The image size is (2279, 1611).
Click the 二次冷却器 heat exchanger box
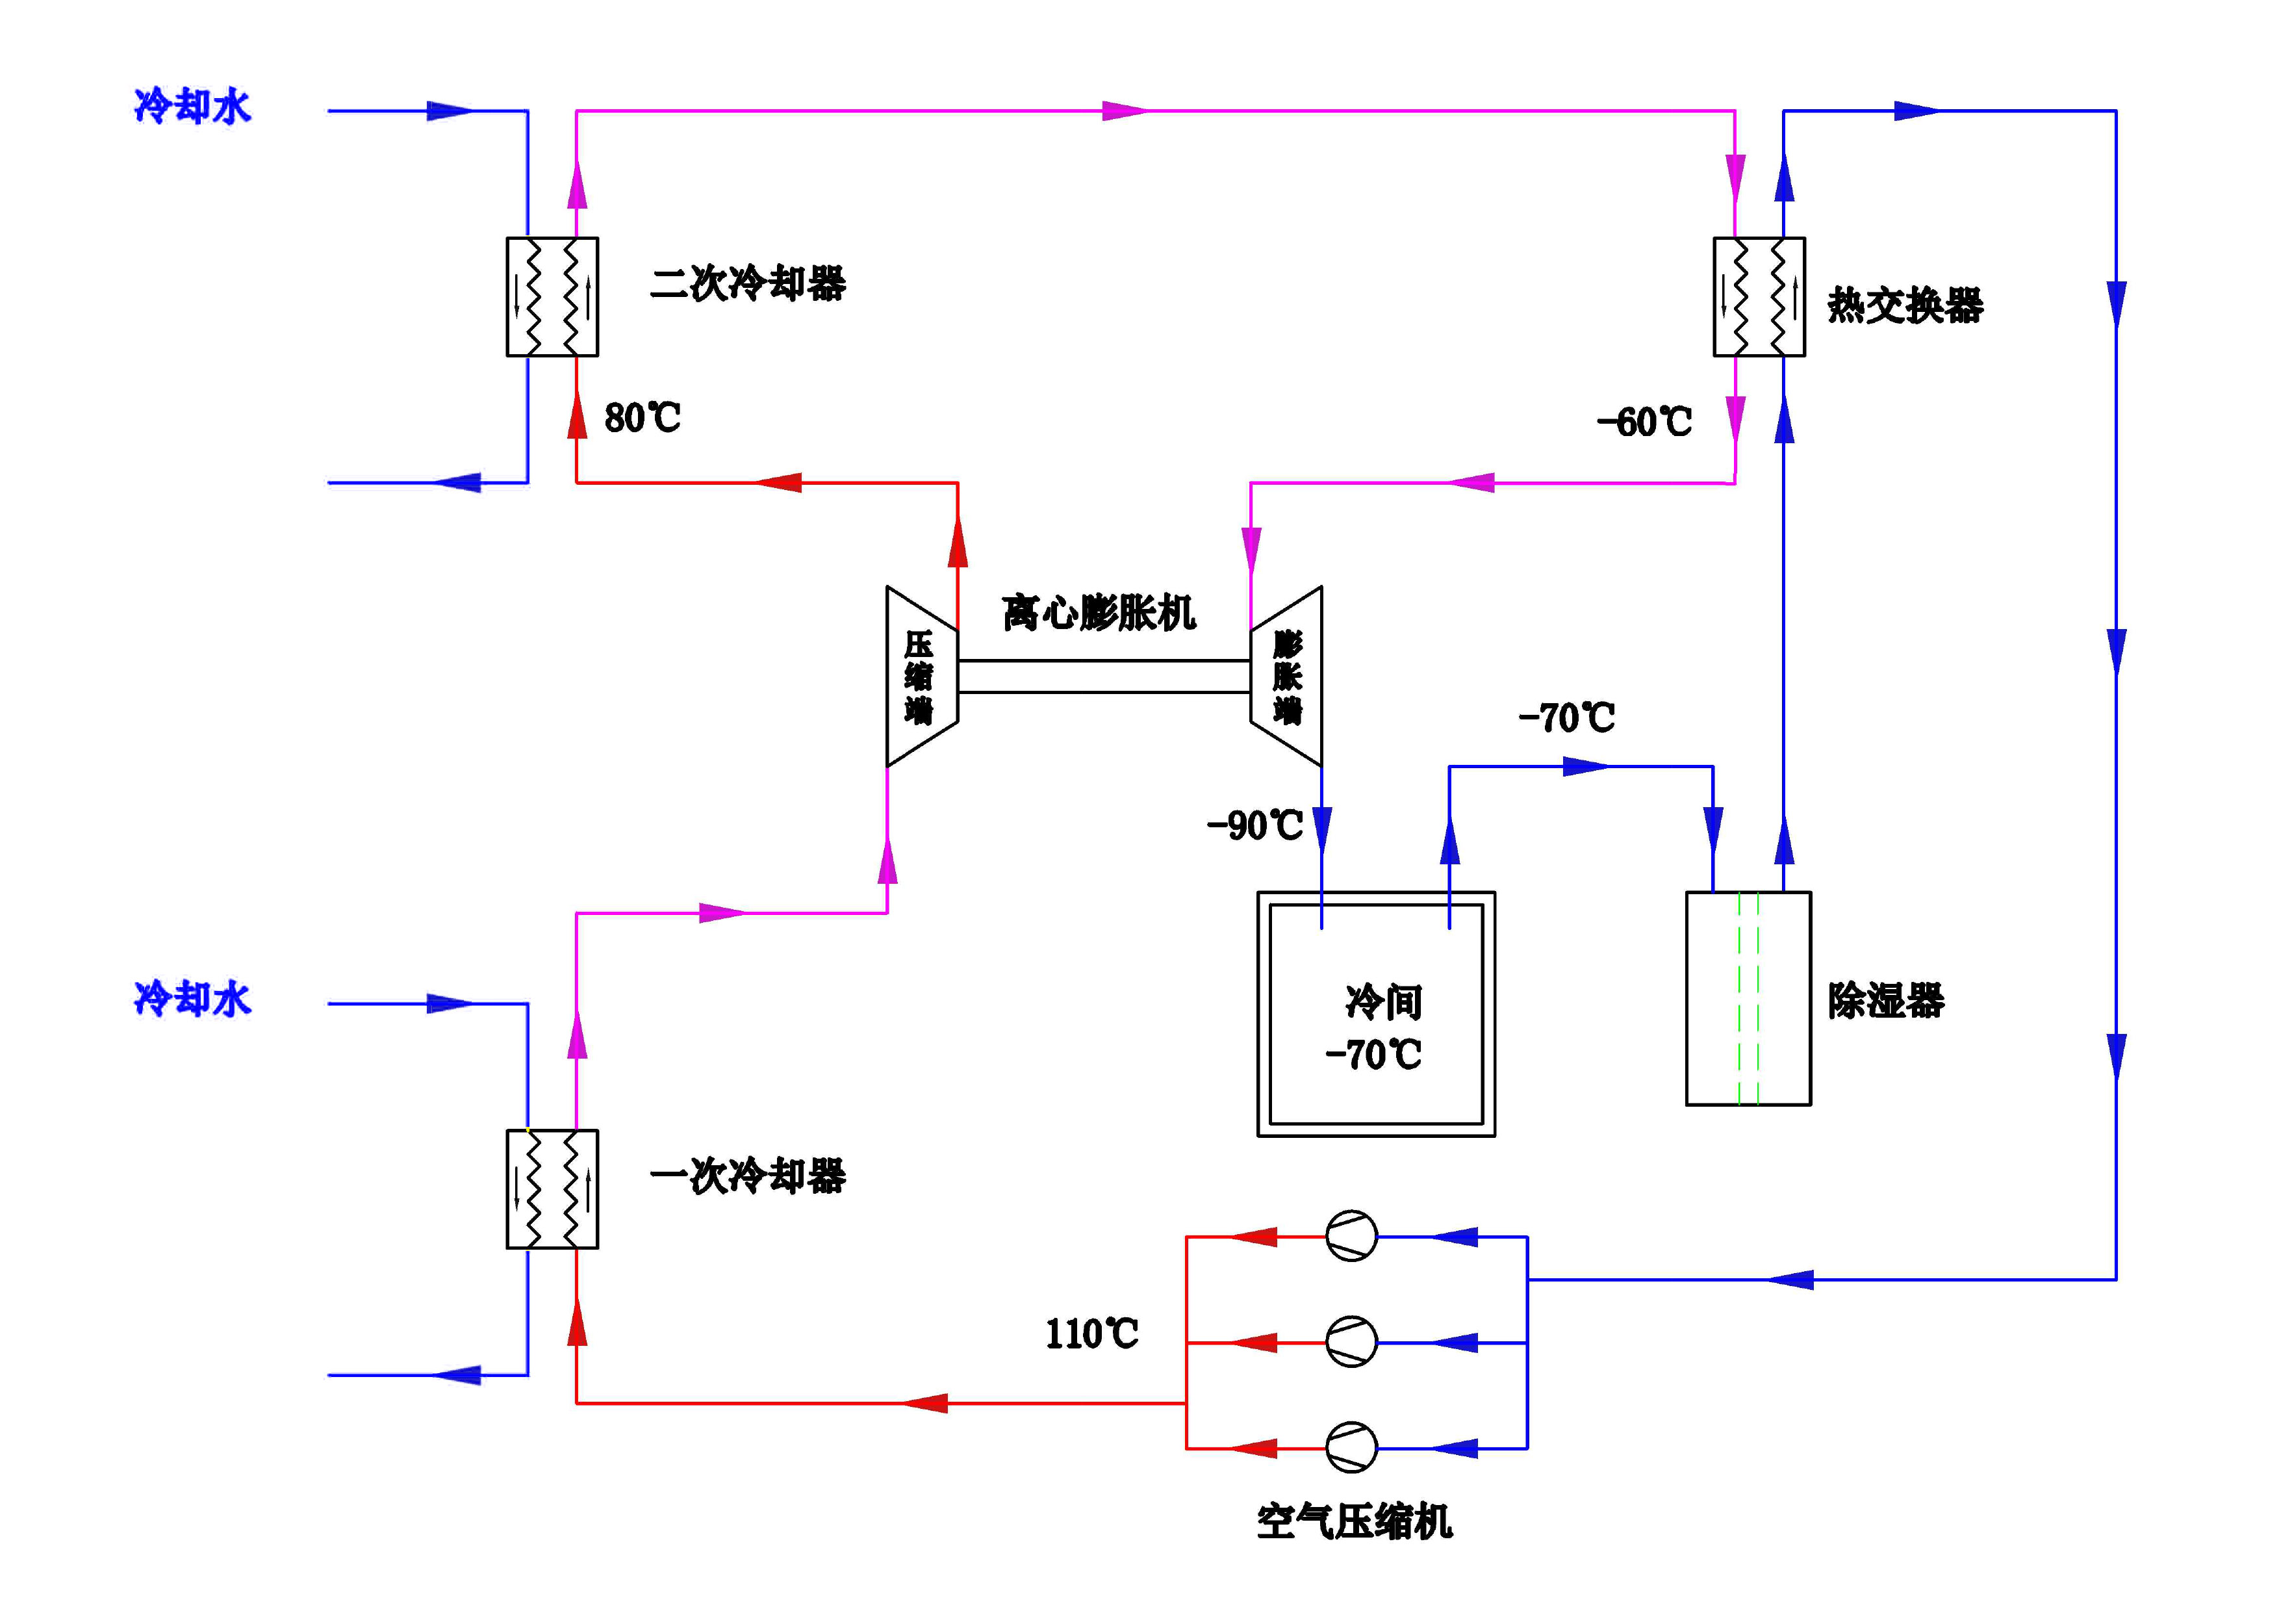552,297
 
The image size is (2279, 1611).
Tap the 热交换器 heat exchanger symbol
1758,297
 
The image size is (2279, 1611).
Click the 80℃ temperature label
643,418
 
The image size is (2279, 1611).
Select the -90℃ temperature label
1254,825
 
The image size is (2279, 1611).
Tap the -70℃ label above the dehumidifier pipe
1566,717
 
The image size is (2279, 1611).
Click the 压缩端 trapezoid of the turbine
920,676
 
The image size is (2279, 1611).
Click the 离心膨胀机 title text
1099,612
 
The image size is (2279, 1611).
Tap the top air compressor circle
1351,1236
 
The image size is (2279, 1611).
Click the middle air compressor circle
1351,1342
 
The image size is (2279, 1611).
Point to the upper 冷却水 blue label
192,105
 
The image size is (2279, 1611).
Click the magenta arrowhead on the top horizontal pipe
1124,111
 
